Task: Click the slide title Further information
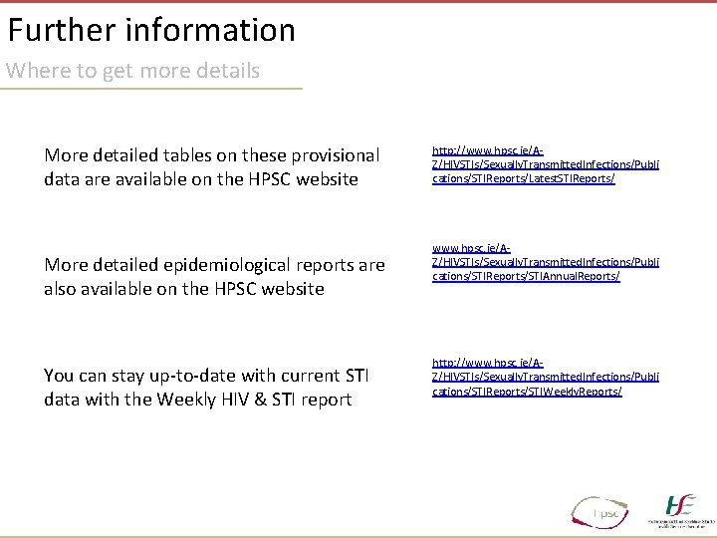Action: click(151, 30)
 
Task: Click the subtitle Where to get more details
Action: click(133, 71)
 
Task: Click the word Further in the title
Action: click(62, 30)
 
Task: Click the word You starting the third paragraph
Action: click(60, 376)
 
